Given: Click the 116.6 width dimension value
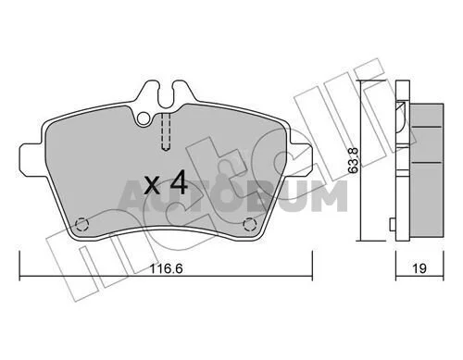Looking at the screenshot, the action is point(167,268).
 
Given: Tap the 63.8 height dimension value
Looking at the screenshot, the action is point(354,160).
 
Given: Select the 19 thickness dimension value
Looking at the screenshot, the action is point(419,268).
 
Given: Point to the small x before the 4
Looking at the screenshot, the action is point(152,186).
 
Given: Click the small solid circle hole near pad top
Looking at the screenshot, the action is point(144,118).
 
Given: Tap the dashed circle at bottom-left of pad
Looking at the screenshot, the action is point(81,224).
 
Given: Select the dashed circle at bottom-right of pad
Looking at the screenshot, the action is point(249,224).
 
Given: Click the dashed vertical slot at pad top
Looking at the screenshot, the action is point(166,131).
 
